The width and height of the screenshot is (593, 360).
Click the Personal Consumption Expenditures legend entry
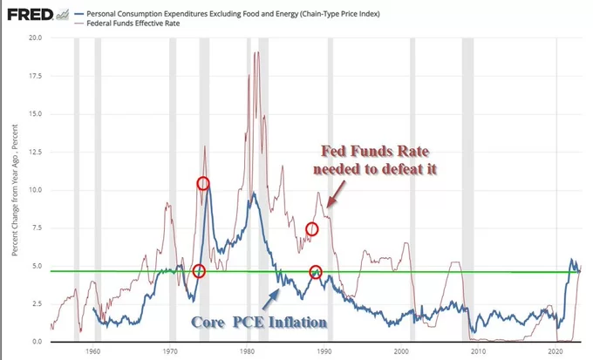218,14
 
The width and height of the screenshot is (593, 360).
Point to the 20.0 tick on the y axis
35,38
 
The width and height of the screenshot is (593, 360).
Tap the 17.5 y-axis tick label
35,76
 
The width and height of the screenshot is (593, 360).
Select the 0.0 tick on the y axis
37,341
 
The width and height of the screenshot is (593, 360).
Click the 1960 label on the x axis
92,351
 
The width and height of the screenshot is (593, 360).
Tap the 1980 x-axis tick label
246,351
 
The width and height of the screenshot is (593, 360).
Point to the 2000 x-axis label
400,351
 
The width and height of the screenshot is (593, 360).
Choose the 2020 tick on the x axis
555,351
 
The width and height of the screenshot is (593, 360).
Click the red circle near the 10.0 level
203,183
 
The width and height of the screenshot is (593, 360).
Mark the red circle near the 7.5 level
312,229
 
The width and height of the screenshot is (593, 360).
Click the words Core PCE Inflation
258,322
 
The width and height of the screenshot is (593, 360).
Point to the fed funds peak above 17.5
256,54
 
